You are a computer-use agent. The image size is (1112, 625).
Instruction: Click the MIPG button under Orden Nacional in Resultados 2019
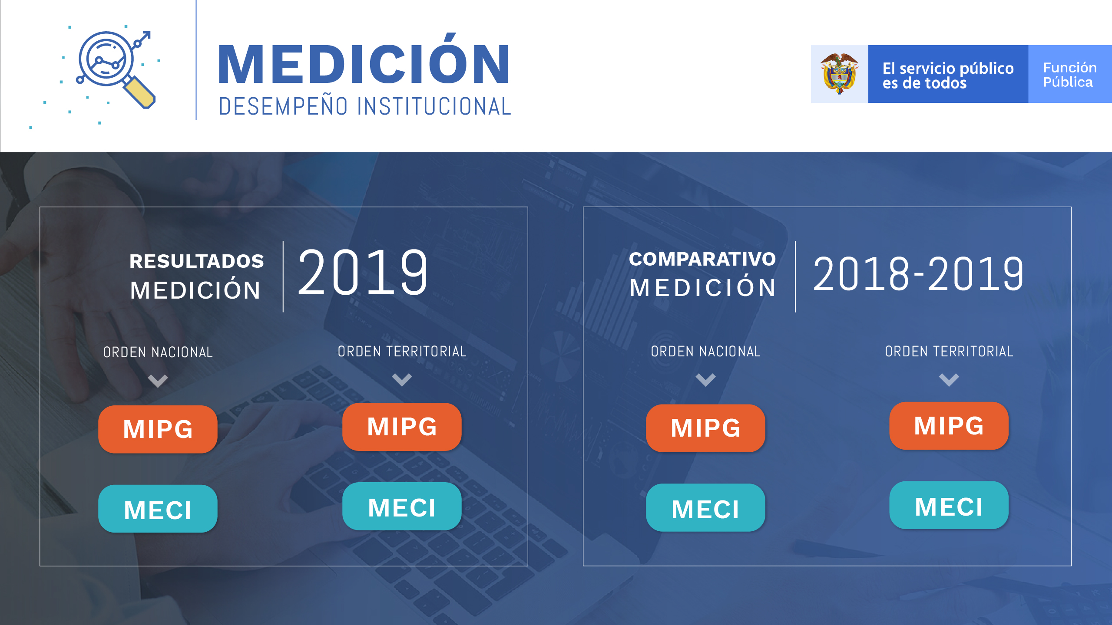click(x=158, y=429)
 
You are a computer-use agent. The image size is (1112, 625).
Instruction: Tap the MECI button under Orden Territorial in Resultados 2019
click(x=402, y=507)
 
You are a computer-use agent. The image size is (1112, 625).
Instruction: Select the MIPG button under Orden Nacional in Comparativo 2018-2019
click(x=705, y=428)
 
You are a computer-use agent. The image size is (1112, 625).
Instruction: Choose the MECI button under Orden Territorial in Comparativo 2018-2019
click(x=949, y=505)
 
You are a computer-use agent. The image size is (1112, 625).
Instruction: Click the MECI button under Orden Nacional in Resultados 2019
click(x=158, y=509)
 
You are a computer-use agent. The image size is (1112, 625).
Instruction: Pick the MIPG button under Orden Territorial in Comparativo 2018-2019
click(x=949, y=426)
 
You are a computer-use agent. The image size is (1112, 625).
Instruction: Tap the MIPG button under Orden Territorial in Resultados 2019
click(x=402, y=427)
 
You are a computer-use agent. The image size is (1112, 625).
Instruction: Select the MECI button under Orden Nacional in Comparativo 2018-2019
click(x=705, y=508)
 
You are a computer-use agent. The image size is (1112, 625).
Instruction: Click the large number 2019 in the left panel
click(x=363, y=273)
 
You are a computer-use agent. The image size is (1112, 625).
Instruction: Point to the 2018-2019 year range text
click(x=918, y=274)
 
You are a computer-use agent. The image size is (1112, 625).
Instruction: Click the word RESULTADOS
click(x=197, y=261)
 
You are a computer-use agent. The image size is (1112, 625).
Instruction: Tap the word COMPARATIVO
click(x=702, y=259)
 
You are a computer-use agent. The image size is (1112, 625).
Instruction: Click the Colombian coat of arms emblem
click(x=839, y=74)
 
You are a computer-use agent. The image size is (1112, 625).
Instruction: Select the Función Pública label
click(x=1069, y=75)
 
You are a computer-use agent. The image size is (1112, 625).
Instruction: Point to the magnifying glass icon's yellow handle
click(x=140, y=92)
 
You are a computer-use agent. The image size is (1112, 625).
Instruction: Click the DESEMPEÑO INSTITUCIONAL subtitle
click(x=365, y=106)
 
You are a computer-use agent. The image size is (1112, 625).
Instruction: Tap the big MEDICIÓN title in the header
click(x=364, y=59)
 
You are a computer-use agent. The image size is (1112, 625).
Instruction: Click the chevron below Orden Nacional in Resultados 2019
click(x=158, y=381)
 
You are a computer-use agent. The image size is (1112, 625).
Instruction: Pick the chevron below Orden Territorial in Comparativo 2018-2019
click(x=949, y=380)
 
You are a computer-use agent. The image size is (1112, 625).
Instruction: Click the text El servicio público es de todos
click(x=948, y=75)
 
